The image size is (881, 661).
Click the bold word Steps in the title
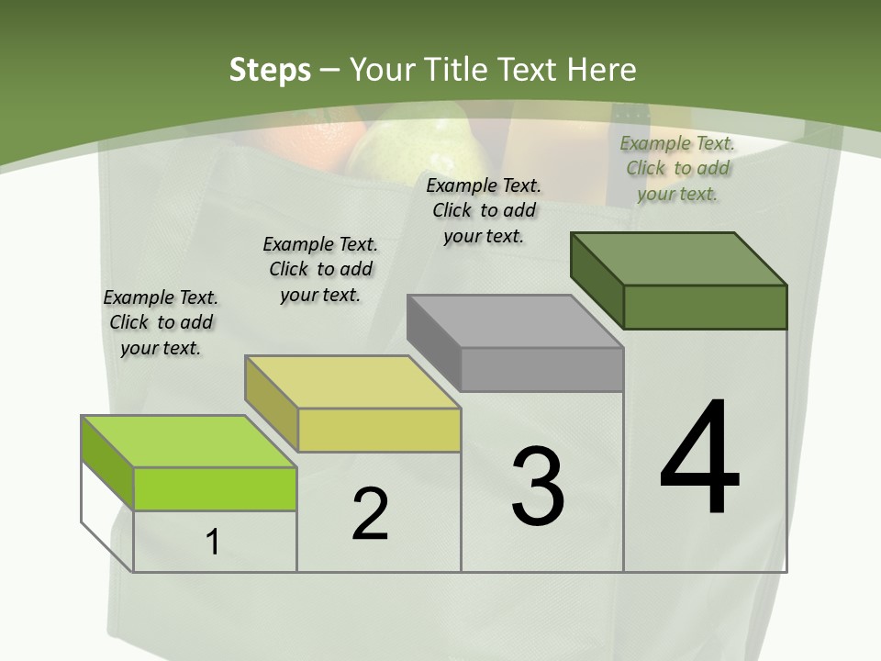(269, 70)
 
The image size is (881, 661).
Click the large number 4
(699, 459)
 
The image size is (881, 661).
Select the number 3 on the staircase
(538, 487)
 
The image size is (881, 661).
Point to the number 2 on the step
(370, 514)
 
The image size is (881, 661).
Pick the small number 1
(213, 543)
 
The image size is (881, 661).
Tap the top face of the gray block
(514, 321)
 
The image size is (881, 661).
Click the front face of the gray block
(541, 369)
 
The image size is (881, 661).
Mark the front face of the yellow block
(379, 430)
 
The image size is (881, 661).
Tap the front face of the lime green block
(216, 488)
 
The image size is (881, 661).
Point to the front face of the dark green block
(705, 307)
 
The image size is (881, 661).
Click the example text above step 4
(677, 168)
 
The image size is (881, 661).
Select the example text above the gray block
(484, 210)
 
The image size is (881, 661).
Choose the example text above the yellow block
(320, 269)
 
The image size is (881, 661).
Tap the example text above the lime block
(161, 322)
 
